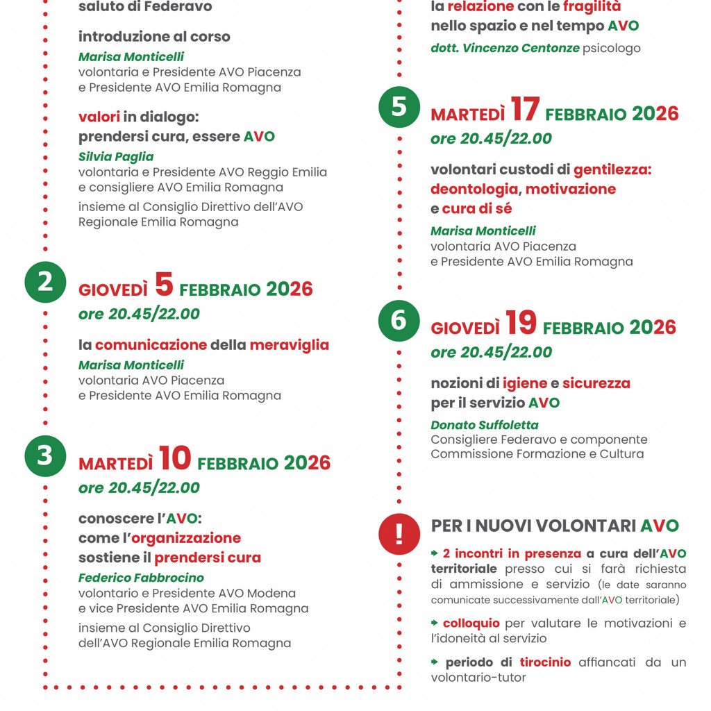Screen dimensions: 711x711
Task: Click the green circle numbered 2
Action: [x=45, y=282]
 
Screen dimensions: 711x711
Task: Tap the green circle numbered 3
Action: [x=45, y=455]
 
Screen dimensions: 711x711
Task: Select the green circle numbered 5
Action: [x=399, y=107]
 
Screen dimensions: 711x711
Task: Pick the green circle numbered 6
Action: [x=399, y=321]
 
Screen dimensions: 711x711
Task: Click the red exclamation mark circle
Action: [x=399, y=533]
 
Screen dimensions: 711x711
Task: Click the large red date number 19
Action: [x=521, y=323]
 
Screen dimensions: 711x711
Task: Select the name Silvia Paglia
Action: [x=116, y=157]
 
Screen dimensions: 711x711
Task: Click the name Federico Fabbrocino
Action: [x=141, y=578]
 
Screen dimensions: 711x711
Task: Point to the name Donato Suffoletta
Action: [x=485, y=425]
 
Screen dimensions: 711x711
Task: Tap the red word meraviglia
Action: [x=290, y=345]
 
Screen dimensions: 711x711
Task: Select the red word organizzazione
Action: [x=186, y=538]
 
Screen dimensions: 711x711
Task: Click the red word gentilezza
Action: [x=612, y=169]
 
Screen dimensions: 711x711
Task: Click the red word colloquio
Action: [x=472, y=624]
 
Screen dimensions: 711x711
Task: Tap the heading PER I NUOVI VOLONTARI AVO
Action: [x=555, y=526]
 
